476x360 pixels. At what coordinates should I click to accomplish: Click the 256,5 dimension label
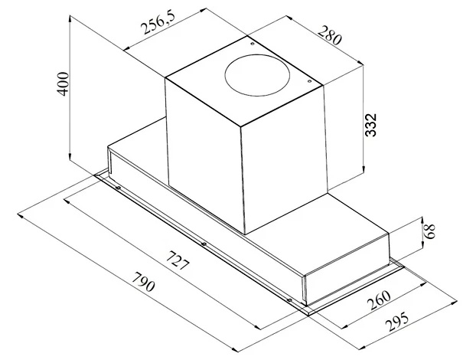(158, 24)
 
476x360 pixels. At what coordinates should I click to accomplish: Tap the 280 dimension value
(330, 35)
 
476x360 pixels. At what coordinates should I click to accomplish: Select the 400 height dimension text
(64, 83)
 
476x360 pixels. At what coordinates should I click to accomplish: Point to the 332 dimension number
(370, 125)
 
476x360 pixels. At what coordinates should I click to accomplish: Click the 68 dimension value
(429, 231)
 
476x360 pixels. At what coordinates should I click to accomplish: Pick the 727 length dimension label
(178, 260)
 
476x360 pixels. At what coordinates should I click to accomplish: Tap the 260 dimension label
(379, 299)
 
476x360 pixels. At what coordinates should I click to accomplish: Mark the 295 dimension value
(398, 322)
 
